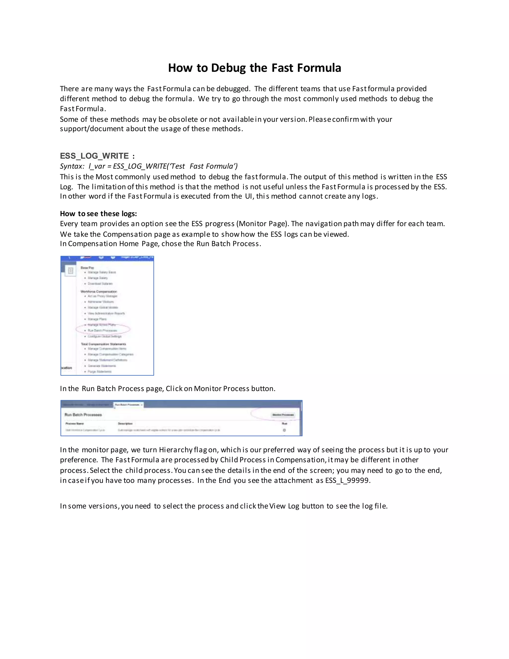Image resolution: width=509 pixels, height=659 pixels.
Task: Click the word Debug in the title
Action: pyautogui.click(x=228, y=68)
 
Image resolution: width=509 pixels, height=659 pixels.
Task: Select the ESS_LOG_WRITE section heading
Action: pyautogui.click(x=94, y=156)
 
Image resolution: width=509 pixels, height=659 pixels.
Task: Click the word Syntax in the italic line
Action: pyautogui.click(x=71, y=166)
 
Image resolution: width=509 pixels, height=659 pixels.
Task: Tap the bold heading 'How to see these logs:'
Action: pyautogui.click(x=98, y=214)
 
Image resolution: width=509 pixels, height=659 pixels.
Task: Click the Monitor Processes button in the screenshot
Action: pyautogui.click(x=283, y=415)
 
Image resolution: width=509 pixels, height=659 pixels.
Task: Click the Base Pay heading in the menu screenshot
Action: pyautogui.click(x=87, y=268)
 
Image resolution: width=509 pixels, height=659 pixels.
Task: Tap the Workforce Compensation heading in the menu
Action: pyautogui.click(x=99, y=291)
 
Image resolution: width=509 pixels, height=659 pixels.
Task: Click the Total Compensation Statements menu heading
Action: pyautogui.click(x=103, y=344)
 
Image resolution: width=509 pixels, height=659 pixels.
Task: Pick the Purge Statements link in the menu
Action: pyautogui.click(x=99, y=372)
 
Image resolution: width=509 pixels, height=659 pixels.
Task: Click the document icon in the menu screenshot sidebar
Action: pyautogui.click(x=71, y=271)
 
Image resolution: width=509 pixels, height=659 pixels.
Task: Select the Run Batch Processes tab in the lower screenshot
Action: pyautogui.click(x=127, y=405)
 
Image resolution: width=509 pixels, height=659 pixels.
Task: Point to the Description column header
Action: pyautogui.click(x=125, y=424)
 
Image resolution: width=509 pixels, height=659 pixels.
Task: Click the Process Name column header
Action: pyautogui.click(x=75, y=424)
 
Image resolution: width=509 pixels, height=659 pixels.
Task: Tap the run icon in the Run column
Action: pyautogui.click(x=284, y=430)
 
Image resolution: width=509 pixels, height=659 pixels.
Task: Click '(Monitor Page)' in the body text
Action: pyautogui.click(x=262, y=224)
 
